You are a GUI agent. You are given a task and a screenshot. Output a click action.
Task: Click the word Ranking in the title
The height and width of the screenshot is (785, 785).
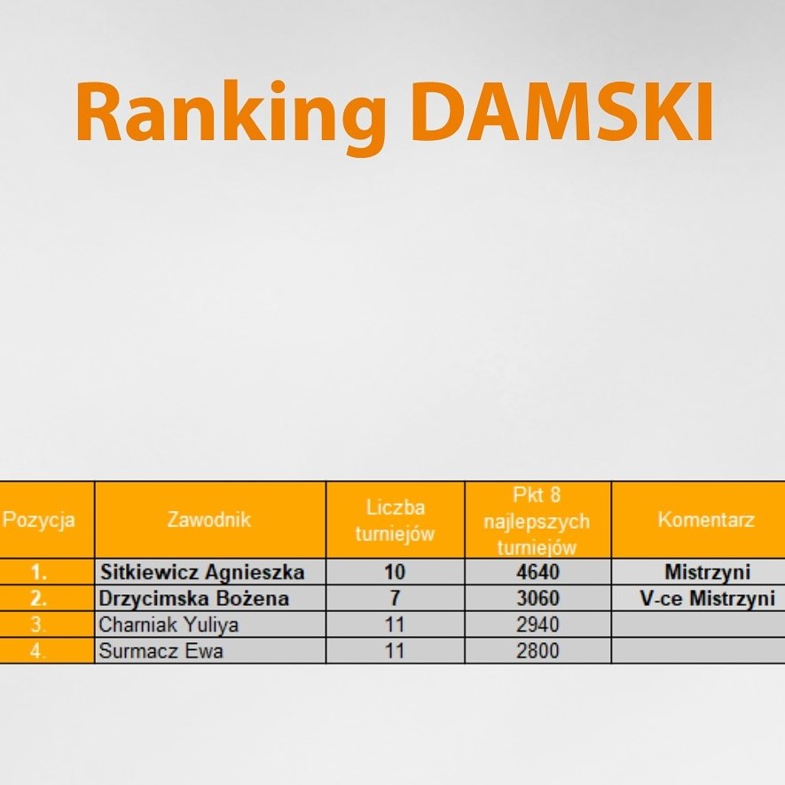click(231, 115)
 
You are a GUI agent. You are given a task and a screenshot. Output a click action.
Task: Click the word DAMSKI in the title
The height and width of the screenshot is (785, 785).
click(562, 113)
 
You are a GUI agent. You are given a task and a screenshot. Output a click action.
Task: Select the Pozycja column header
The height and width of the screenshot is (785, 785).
click(38, 520)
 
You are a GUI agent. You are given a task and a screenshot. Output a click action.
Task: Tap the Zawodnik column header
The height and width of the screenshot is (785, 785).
click(209, 519)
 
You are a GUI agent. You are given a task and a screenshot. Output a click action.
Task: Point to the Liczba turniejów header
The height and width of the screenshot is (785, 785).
click(395, 521)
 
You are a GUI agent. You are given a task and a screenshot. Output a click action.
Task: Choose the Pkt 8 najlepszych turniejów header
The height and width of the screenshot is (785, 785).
click(538, 521)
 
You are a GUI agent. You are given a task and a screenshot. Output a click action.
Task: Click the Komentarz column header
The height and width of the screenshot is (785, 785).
click(706, 520)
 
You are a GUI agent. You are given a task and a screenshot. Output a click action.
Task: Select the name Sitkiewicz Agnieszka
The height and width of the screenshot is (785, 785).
click(202, 572)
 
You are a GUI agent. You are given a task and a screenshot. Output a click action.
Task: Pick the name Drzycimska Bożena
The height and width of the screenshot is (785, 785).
click(194, 599)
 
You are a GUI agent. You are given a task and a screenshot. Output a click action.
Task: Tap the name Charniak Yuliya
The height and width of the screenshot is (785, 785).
click(169, 624)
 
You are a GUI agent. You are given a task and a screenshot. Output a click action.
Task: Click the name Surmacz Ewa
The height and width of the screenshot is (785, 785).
click(161, 651)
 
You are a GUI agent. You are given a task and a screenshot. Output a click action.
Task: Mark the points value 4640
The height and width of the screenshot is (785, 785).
click(538, 572)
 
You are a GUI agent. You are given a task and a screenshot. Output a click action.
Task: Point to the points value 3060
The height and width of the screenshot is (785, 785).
click(538, 599)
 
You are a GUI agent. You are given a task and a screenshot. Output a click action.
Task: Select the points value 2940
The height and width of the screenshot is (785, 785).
click(538, 624)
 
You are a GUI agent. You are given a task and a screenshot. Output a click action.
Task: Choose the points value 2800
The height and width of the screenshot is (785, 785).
click(538, 651)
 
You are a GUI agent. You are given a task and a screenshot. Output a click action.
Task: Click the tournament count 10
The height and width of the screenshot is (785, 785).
click(395, 572)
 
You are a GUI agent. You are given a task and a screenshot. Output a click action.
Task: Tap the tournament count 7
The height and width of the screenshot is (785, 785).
click(395, 599)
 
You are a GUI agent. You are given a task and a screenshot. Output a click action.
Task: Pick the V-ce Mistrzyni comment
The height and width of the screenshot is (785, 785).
click(708, 599)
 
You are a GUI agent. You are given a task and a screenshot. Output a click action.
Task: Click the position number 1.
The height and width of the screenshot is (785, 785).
click(38, 572)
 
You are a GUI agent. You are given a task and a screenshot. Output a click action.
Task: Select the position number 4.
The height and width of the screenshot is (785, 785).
click(38, 651)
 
